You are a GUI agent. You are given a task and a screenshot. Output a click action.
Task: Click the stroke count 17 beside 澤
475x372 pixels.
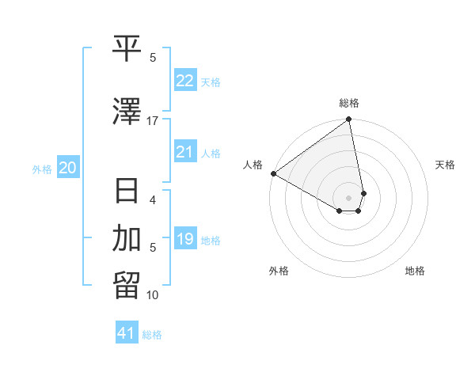click(153, 120)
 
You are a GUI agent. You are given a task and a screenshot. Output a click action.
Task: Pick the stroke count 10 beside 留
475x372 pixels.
click(153, 295)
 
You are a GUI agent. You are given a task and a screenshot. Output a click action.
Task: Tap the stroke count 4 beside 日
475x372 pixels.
click(153, 199)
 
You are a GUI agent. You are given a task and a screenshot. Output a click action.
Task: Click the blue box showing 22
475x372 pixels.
click(185, 81)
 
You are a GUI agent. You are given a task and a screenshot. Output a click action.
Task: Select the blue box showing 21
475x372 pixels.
click(185, 152)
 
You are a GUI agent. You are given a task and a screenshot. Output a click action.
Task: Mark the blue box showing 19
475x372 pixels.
click(185, 239)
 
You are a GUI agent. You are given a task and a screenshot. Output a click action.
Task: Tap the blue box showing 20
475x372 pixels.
click(68, 168)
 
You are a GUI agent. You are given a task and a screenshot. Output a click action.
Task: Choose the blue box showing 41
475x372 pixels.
click(127, 333)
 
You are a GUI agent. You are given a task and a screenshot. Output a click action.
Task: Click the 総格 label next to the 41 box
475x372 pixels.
click(152, 335)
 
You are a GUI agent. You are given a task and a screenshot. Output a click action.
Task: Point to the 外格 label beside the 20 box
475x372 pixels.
click(42, 169)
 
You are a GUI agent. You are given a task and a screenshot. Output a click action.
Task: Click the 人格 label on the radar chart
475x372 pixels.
click(253, 165)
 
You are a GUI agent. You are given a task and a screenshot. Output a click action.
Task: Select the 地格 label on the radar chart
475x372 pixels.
click(415, 271)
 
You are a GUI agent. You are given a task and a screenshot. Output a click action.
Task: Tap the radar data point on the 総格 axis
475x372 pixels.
click(348, 120)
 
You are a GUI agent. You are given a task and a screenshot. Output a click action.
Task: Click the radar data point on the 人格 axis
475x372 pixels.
click(273, 173)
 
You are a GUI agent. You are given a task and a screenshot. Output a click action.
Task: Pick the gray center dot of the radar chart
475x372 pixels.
click(349, 197)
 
